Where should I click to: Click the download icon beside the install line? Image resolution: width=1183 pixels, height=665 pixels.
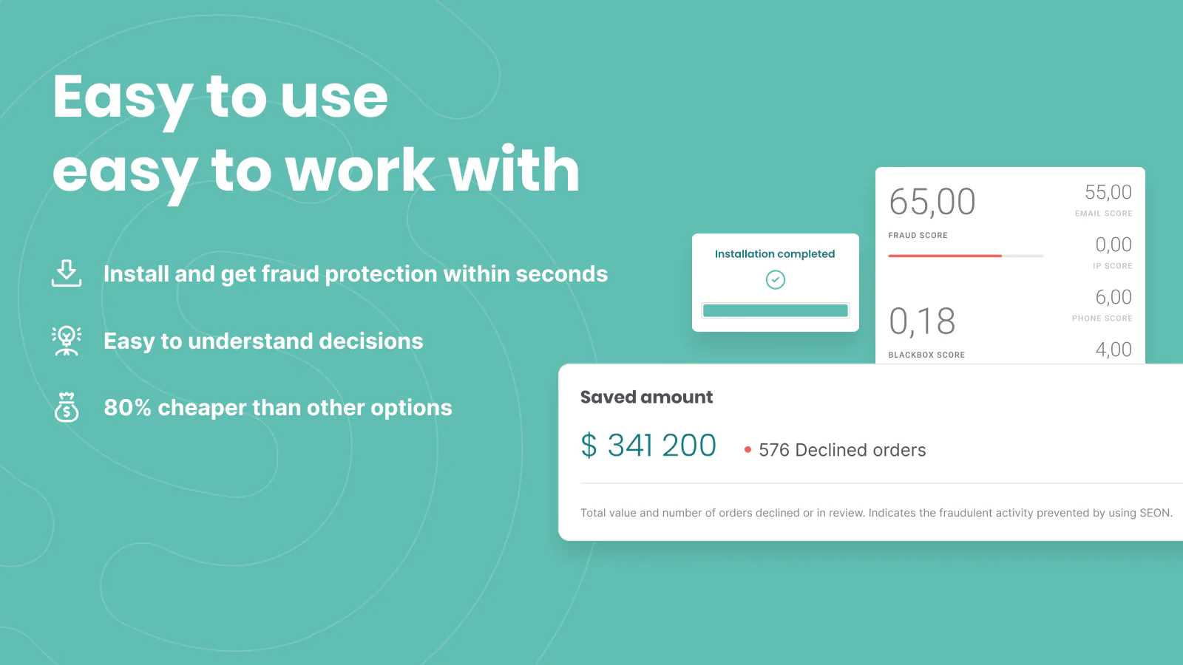coord(67,273)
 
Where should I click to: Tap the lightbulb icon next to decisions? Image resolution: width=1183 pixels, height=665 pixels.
coord(67,341)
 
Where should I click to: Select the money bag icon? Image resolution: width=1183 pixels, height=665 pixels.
coord(67,407)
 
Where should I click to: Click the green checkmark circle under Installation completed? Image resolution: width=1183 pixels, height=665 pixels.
coord(776,280)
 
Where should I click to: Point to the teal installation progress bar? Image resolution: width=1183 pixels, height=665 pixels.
coord(776,310)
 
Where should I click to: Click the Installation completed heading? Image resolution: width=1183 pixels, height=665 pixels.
coord(775,254)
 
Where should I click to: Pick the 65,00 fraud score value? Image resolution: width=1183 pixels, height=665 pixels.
coord(932,202)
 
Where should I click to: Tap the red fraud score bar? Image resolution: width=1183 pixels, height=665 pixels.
coord(945,256)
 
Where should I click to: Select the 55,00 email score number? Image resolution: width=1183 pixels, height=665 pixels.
coord(1108,193)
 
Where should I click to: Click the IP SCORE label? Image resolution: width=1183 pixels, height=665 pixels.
coord(1112,266)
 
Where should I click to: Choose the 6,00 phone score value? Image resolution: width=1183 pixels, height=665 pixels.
coord(1113,297)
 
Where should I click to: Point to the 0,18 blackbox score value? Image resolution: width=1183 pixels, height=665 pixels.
coord(922,321)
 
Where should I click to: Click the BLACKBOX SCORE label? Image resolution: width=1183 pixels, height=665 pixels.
coord(926,355)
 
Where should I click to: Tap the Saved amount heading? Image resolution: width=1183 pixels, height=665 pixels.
coord(646,397)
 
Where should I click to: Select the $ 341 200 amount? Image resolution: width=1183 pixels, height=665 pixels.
coord(648,446)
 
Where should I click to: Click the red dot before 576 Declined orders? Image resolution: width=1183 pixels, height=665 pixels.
coord(748,450)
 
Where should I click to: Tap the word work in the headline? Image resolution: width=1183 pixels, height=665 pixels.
coord(360,171)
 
